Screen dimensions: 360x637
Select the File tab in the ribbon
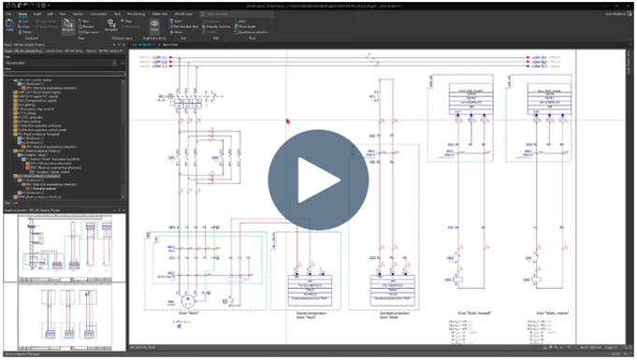10,14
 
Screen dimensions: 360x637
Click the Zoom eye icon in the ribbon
155,26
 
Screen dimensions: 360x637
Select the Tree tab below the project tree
7,202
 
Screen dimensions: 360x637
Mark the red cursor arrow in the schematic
288,120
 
